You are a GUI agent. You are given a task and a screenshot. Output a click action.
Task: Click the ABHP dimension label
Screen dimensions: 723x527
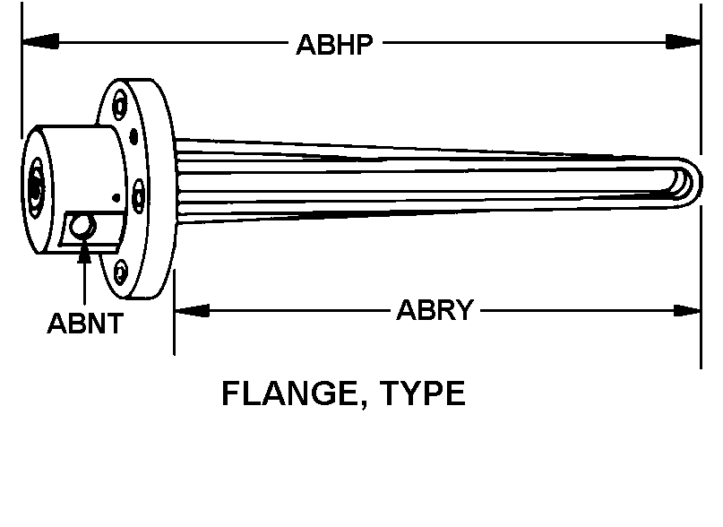pyautogui.click(x=334, y=45)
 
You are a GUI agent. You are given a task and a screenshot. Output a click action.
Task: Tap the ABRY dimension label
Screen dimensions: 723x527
pyautogui.click(x=435, y=309)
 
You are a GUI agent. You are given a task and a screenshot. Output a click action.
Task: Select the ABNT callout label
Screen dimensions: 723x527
pyautogui.click(x=85, y=323)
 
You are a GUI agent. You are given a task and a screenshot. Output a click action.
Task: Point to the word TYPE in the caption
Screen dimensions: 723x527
pyautogui.click(x=422, y=393)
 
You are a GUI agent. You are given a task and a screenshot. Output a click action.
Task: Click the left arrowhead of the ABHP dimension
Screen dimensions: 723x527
pyautogui.click(x=40, y=40)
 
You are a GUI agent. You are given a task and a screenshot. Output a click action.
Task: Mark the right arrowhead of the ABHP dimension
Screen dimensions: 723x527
pyautogui.click(x=683, y=41)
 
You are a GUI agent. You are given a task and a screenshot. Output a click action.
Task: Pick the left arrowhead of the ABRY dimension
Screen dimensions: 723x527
pyautogui.click(x=193, y=311)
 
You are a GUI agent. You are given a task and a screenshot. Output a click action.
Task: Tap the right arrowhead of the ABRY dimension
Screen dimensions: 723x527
pyautogui.click(x=687, y=311)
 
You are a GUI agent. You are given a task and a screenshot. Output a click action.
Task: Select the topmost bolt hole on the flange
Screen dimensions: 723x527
pyautogui.click(x=120, y=105)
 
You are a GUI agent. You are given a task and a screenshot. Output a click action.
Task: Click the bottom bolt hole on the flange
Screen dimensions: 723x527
pyautogui.click(x=121, y=272)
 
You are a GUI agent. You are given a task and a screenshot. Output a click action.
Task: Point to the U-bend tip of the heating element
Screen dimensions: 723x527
pyautogui.click(x=694, y=183)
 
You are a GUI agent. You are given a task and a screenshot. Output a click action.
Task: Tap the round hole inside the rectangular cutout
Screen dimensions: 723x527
pyautogui.click(x=82, y=227)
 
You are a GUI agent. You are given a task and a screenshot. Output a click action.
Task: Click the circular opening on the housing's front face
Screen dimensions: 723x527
pyautogui.click(x=36, y=188)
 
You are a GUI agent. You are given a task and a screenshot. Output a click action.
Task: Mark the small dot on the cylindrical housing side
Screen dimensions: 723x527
pyautogui.click(x=116, y=198)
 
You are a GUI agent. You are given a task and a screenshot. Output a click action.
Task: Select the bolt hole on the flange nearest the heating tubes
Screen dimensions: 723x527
pyautogui.click(x=138, y=196)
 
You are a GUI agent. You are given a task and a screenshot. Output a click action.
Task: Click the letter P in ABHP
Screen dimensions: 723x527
pyautogui.click(x=364, y=45)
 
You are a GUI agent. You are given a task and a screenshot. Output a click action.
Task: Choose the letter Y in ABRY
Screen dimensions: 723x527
pyautogui.click(x=464, y=309)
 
